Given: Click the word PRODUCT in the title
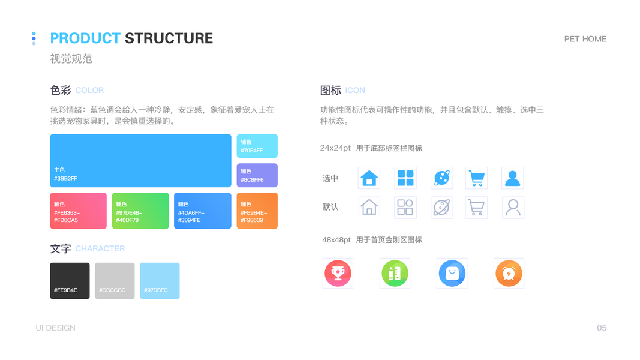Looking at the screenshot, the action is pos(85,38).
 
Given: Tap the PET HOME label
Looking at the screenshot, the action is pos(585,39).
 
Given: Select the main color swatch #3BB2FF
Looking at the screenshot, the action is pos(140,160).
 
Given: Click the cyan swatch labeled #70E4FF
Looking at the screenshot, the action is pos(257,146).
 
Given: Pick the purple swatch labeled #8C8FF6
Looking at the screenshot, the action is pos(257,175).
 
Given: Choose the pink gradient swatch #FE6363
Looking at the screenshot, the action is pos(78,211).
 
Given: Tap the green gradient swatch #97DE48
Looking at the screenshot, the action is pos(140,211).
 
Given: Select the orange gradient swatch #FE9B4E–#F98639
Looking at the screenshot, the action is pos(257,211).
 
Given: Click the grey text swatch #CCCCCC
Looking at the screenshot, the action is pos(115,280).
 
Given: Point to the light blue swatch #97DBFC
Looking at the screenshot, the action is pos(160,280).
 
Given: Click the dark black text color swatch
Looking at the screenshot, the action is pos(70,280).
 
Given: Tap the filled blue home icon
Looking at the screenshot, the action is pos(369,178).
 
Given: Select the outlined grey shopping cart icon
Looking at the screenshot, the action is pos(476,208).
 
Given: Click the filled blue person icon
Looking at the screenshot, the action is pos(512,178).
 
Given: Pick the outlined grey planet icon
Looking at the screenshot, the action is pos(441,208).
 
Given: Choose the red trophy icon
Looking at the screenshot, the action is pos(338,274).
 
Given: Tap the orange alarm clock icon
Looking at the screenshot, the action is pos(509,274).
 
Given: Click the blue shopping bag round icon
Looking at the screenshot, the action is pos(452,274).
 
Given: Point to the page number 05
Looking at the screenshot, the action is pos(602,328).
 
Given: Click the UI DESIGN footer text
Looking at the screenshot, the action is pos(55,328).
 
